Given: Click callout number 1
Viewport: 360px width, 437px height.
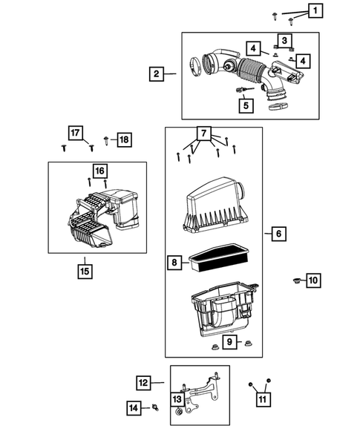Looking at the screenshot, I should (315, 10).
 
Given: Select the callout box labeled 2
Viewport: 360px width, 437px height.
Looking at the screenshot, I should (156, 73).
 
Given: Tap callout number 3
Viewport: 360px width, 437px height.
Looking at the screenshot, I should (284, 39).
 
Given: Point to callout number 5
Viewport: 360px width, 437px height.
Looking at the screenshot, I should (243, 105).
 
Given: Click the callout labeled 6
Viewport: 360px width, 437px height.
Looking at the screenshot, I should (278, 234).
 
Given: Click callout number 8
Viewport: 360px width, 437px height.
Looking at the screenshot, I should (174, 261).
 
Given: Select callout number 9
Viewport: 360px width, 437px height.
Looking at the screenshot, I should (231, 341).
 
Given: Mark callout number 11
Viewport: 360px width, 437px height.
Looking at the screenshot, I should (262, 401).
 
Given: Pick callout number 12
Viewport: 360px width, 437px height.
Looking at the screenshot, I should (144, 383).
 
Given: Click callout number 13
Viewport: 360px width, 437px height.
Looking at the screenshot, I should (178, 400).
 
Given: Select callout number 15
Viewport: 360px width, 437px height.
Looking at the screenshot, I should (85, 270).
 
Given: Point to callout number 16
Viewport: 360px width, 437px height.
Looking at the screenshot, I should (99, 170).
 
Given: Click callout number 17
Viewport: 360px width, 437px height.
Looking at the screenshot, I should (76, 133).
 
